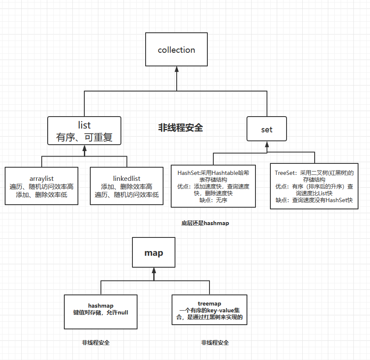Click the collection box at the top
click(x=176, y=50)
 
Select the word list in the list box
click(x=84, y=125)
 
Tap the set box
click(x=267, y=129)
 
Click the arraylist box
click(x=42, y=186)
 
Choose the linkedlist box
click(x=127, y=186)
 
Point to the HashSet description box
click(x=213, y=186)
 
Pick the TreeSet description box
click(x=314, y=186)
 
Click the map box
click(x=154, y=253)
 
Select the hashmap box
click(x=100, y=311)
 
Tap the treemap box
click(x=209, y=310)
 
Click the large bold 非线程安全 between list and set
click(x=181, y=128)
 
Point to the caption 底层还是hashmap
click(x=205, y=223)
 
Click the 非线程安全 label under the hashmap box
click(x=96, y=343)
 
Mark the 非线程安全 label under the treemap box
click(x=215, y=343)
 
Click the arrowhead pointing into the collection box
click(x=176, y=69)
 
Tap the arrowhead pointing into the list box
click(x=84, y=149)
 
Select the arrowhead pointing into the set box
click(x=267, y=144)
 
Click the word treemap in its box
click(x=209, y=303)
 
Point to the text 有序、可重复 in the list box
click(x=84, y=138)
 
